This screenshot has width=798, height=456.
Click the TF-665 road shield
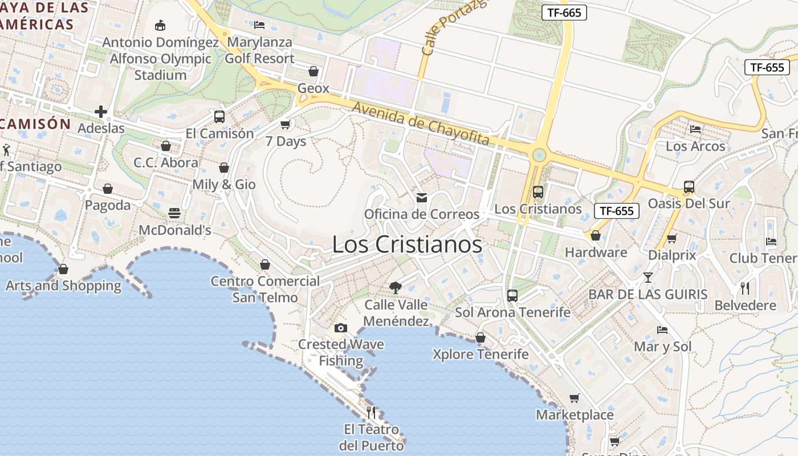[564, 13]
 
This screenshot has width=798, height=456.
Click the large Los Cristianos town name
[407, 245]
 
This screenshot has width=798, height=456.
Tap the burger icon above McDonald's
[174, 213]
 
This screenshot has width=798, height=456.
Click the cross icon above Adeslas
[101, 111]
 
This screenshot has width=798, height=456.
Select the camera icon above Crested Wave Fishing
[341, 328]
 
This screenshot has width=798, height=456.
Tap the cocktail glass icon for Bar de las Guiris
[648, 278]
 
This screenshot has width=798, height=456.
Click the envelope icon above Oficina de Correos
[422, 198]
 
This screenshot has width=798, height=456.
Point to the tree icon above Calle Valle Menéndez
[395, 287]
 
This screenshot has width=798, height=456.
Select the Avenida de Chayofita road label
[420, 123]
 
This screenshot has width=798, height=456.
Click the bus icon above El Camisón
[219, 117]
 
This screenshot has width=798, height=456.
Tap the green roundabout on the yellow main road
[538, 154]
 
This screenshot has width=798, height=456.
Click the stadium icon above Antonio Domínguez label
[160, 25]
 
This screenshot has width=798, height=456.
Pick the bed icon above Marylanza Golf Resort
[259, 25]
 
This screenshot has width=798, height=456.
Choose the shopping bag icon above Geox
[313, 71]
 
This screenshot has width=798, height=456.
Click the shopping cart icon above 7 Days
[286, 124]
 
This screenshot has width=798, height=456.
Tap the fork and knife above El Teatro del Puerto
[371, 412]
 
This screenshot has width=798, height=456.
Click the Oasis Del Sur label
[689, 203]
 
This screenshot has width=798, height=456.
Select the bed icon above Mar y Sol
[662, 330]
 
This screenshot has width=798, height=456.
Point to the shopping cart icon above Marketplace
[575, 398]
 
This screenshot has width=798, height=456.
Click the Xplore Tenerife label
[481, 354]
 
